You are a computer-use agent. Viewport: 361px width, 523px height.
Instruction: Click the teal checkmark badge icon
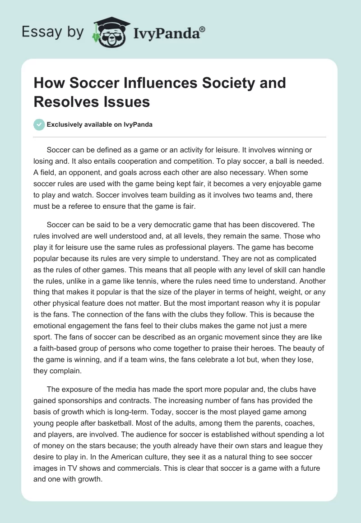[x=40, y=125]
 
